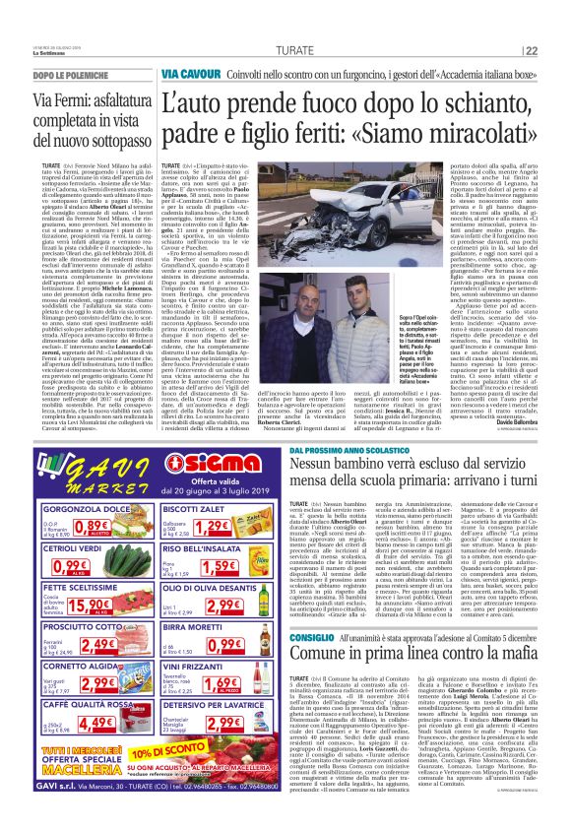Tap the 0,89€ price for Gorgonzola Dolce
click(x=107, y=526)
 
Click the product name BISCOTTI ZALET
click(x=200, y=508)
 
